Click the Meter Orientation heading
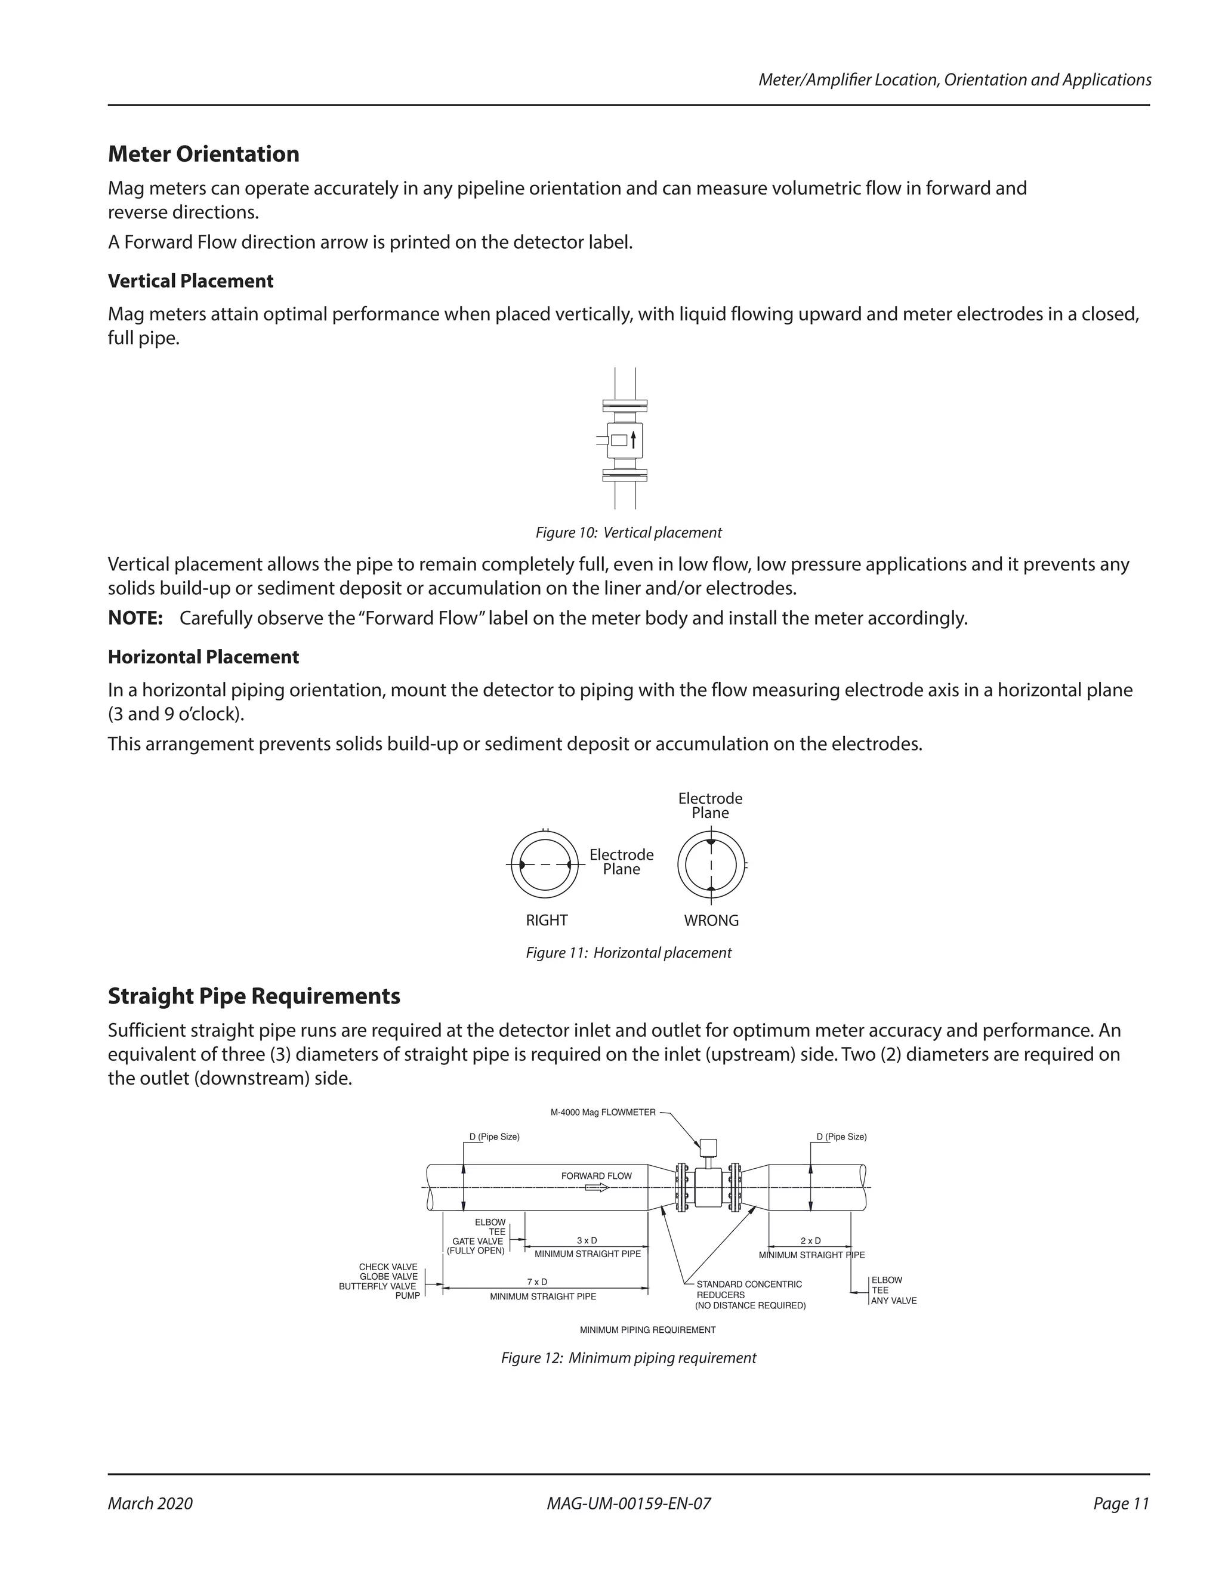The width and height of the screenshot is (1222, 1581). tap(203, 154)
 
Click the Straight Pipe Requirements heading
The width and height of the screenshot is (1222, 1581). tap(254, 996)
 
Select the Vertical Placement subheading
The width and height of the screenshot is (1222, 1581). tap(190, 281)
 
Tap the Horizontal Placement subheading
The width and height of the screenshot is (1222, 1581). tap(203, 657)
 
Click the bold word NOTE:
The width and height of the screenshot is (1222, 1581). tap(135, 618)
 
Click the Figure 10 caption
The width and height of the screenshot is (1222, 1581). tap(628, 533)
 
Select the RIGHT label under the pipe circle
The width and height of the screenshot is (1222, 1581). tap(547, 920)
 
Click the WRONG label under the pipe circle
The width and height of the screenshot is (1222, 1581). tap(711, 920)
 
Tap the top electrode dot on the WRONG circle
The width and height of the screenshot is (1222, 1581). tap(711, 842)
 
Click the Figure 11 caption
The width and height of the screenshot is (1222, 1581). tap(628, 953)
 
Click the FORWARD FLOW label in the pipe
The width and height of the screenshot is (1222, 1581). tap(597, 1176)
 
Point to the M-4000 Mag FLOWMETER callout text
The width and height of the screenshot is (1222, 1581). tap(603, 1112)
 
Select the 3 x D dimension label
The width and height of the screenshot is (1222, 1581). tap(587, 1240)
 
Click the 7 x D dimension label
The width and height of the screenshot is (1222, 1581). tap(537, 1282)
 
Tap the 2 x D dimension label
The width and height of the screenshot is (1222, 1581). tap(811, 1240)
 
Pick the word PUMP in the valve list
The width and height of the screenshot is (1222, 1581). tap(408, 1295)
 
